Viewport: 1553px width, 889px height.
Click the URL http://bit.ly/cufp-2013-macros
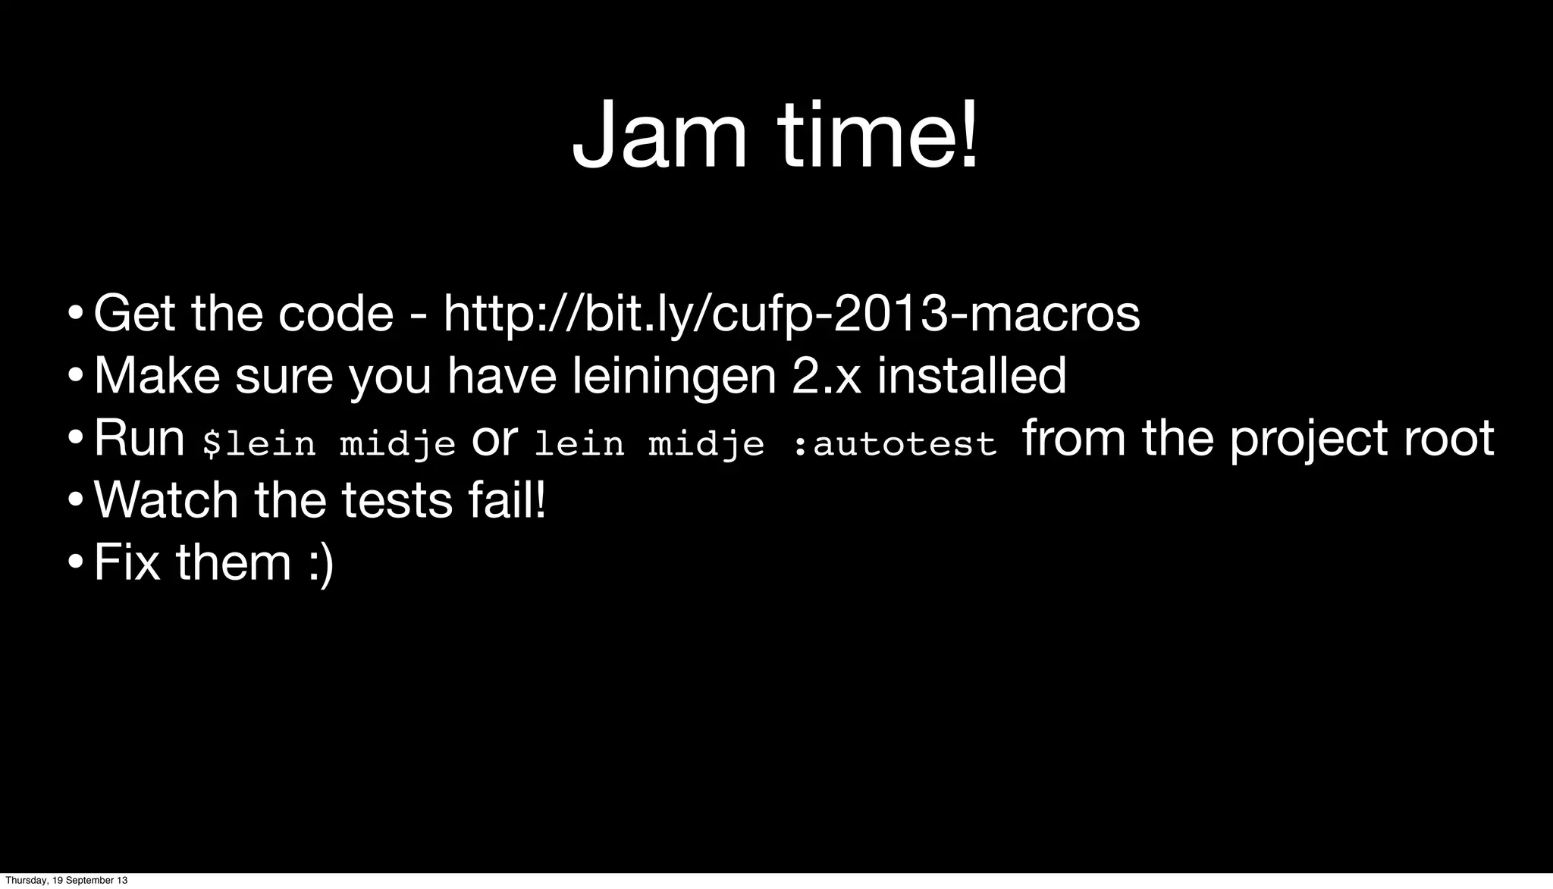pos(791,314)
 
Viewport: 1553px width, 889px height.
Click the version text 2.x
pos(826,377)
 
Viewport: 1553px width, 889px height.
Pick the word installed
pos(971,375)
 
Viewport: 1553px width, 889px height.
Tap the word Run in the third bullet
pos(140,438)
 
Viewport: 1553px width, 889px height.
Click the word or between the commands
pos(494,440)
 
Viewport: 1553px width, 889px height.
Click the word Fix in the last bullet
pos(127,562)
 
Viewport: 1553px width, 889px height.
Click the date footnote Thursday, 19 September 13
pos(67,881)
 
